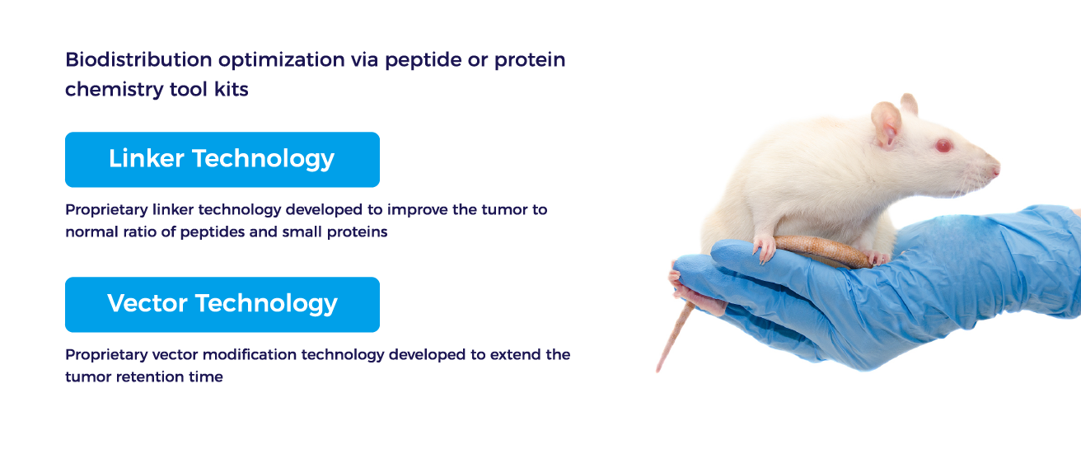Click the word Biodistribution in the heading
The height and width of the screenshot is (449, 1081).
click(138, 59)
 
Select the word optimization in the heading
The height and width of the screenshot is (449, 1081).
click(282, 60)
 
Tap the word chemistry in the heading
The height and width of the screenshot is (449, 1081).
click(115, 90)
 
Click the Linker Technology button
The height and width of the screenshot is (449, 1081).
click(222, 159)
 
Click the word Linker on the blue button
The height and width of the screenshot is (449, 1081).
click(146, 158)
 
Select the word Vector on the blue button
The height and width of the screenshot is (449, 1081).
click(147, 303)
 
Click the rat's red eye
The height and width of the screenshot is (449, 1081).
click(943, 146)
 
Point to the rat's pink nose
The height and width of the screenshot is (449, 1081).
click(995, 170)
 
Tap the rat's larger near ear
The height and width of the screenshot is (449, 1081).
click(886, 123)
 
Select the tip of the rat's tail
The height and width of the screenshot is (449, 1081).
click(657, 371)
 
